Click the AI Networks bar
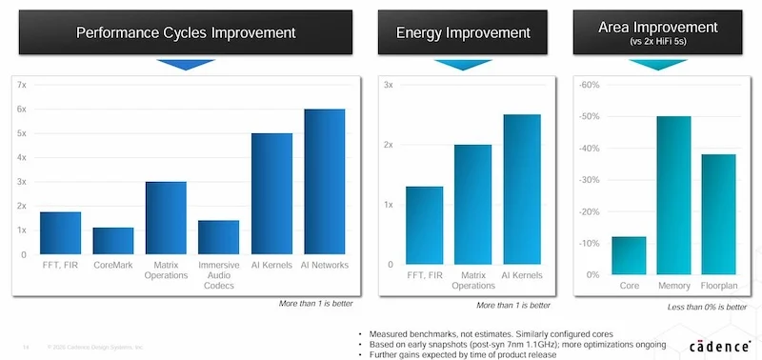click(324, 182)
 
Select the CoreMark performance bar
click(113, 241)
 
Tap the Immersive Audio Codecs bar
click(219, 237)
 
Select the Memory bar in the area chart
click(673, 195)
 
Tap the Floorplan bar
click(720, 214)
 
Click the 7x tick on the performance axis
click(22, 85)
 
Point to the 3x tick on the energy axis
click(388, 85)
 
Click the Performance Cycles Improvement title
click(186, 33)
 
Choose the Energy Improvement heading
click(463, 33)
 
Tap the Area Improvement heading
click(658, 29)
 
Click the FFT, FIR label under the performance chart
click(60, 264)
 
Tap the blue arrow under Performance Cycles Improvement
click(186, 65)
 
